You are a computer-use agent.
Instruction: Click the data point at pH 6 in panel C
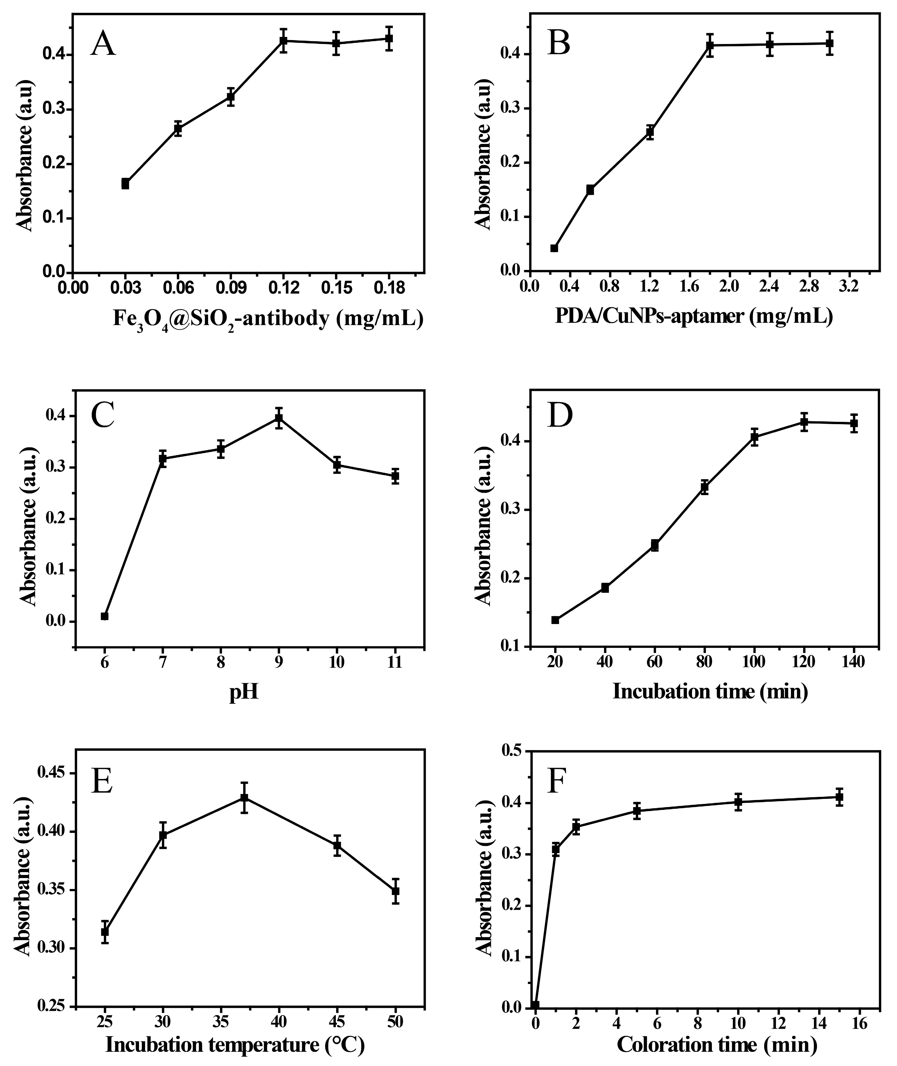click(105, 616)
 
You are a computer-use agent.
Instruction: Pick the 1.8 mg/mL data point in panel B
click(710, 45)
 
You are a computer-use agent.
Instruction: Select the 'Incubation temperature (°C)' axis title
click(235, 1045)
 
